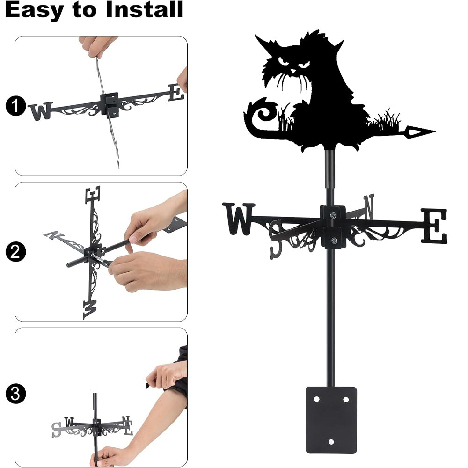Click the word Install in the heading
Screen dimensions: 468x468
click(x=144, y=9)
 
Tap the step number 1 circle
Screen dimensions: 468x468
click(x=15, y=106)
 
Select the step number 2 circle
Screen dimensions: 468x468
click(x=15, y=252)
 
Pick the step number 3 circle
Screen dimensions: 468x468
click(x=15, y=394)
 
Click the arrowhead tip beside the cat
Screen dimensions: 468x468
click(x=435, y=131)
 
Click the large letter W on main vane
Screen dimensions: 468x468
click(x=239, y=219)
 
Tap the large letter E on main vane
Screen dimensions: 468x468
click(x=434, y=226)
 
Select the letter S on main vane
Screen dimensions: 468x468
click(x=276, y=239)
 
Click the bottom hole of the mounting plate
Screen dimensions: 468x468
click(x=331, y=442)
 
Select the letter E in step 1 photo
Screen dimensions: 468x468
click(x=175, y=93)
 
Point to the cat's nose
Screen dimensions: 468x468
click(x=293, y=72)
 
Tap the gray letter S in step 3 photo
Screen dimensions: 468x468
click(x=56, y=430)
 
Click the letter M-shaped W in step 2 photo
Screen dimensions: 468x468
click(x=90, y=309)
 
